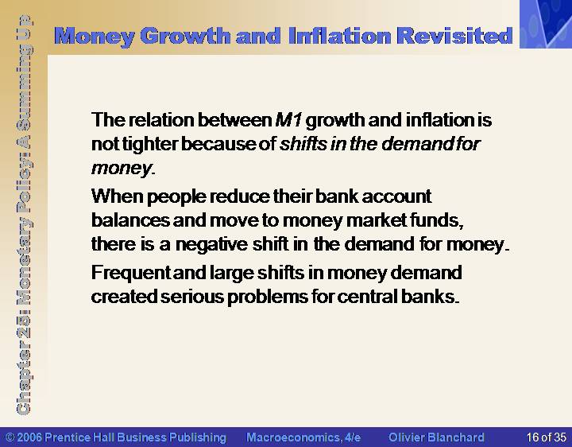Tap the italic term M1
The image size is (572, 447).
[288, 120]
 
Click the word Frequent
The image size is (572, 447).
[131, 273]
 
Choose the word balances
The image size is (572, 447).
[130, 220]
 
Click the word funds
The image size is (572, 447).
[437, 220]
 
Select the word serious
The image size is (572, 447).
[192, 297]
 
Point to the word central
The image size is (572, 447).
[367, 297]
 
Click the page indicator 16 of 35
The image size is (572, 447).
[546, 437]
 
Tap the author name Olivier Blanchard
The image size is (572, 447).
[437, 437]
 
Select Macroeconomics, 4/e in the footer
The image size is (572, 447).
[303, 437]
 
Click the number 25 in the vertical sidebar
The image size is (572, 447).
[24, 325]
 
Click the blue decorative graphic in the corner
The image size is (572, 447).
[546, 24]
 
